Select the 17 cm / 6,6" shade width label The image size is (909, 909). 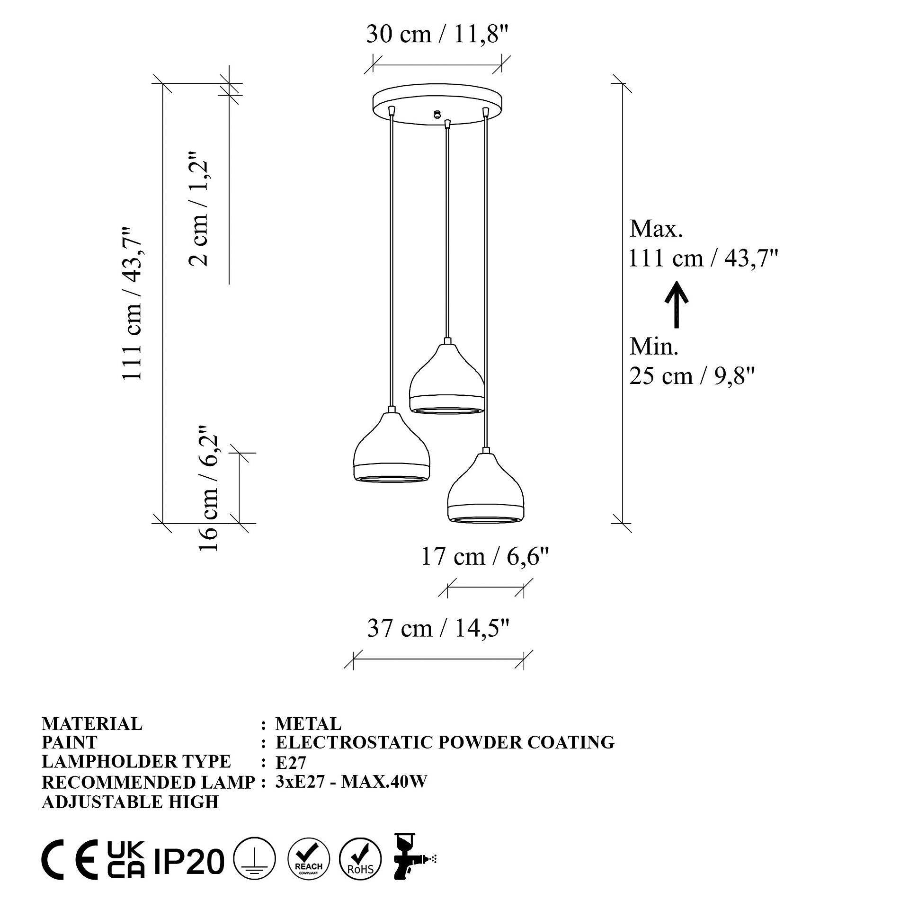pyautogui.click(x=485, y=556)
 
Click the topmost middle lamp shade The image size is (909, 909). pyautogui.click(x=446, y=379)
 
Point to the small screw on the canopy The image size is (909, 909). pyautogui.click(x=437, y=114)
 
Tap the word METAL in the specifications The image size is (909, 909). pyautogui.click(x=308, y=724)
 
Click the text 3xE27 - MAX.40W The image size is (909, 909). pyautogui.click(x=351, y=782)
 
